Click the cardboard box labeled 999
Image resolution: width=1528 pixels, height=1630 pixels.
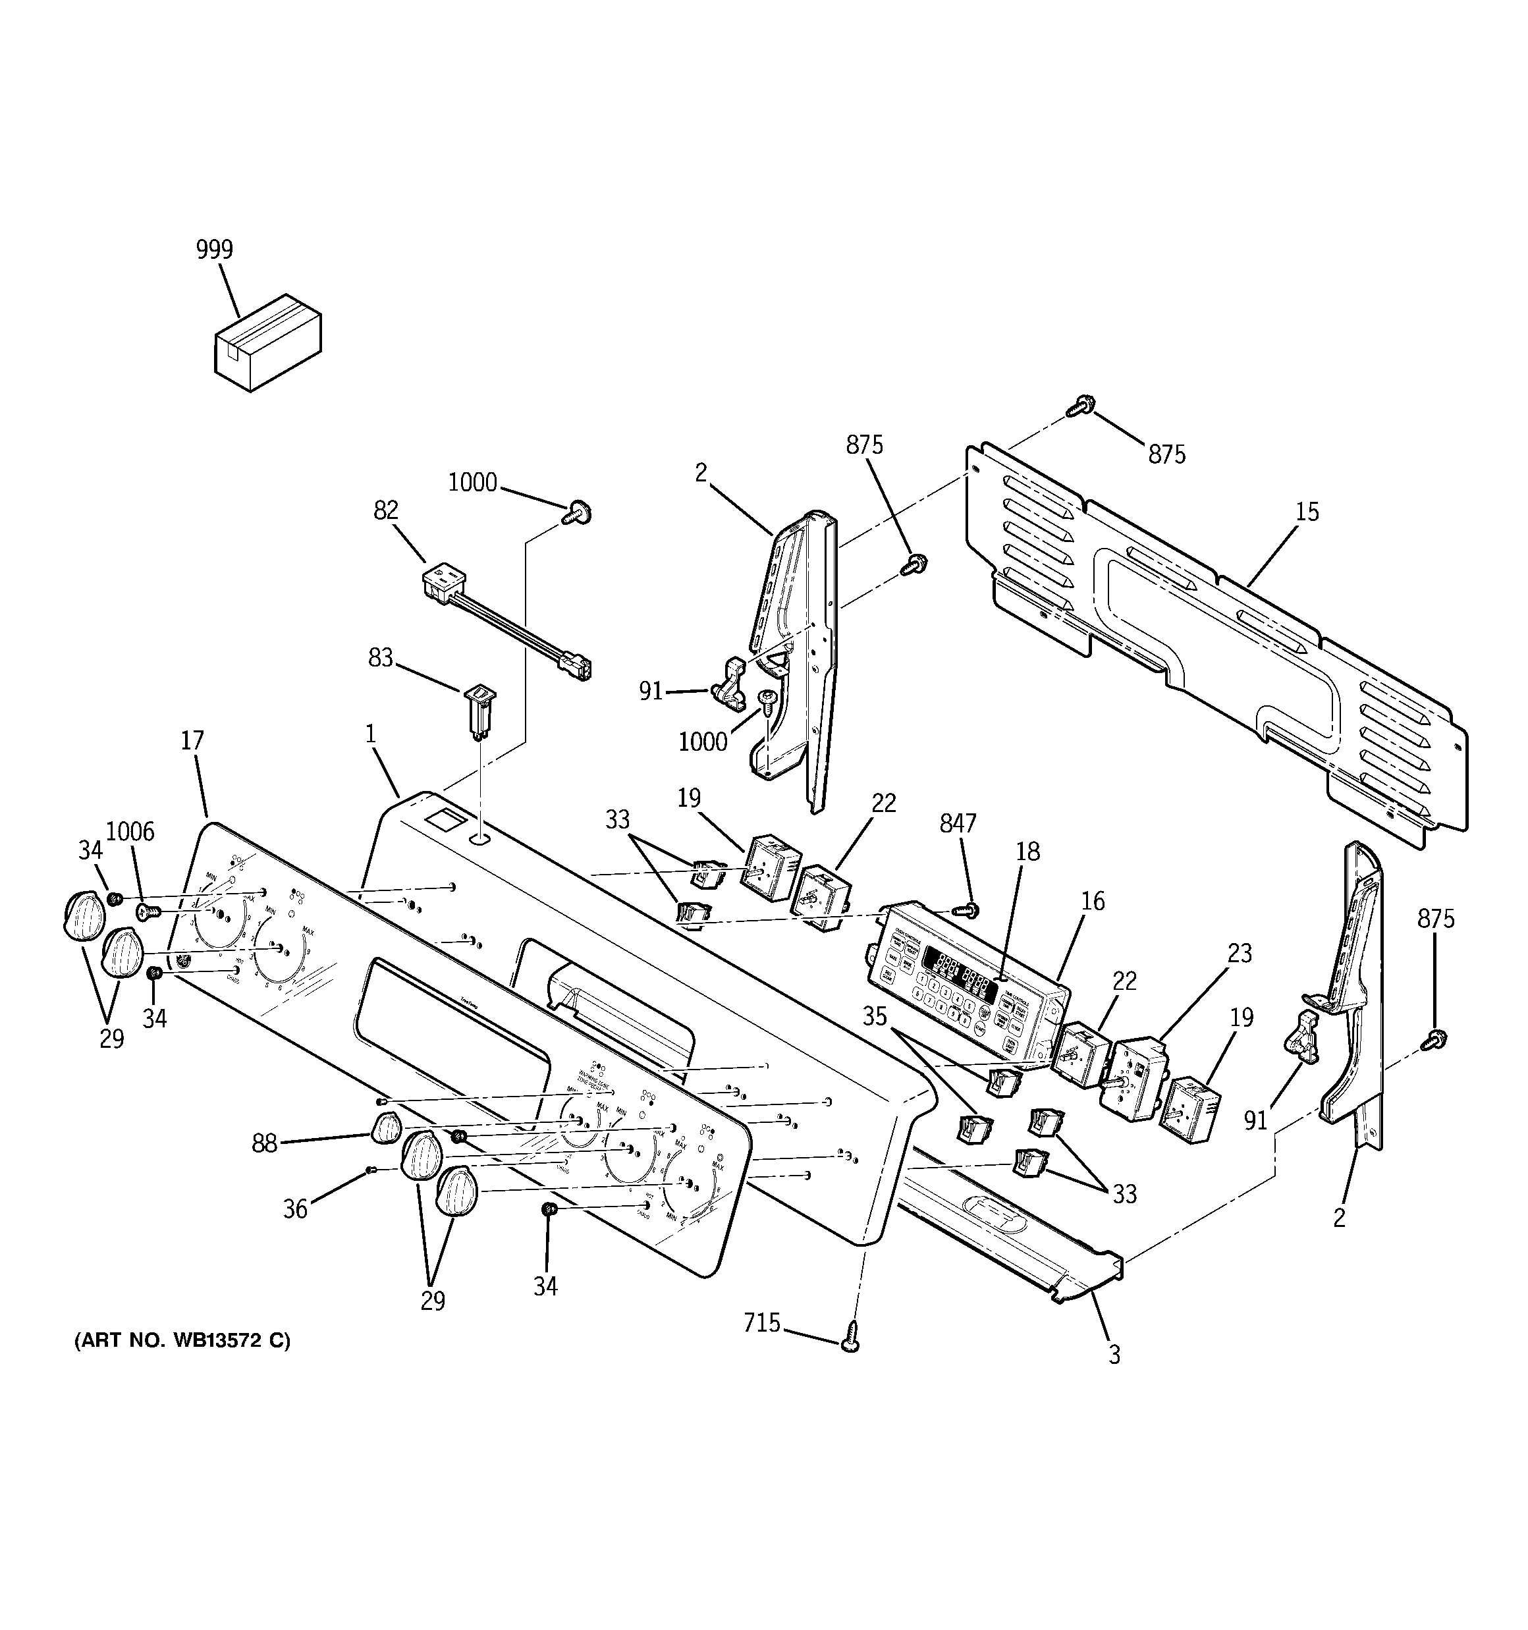(267, 342)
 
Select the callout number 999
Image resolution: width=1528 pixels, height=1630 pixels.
(214, 249)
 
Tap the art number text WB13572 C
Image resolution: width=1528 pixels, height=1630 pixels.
(182, 1342)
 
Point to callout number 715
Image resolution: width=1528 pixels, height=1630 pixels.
(762, 1323)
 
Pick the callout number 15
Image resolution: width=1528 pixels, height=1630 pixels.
(1307, 512)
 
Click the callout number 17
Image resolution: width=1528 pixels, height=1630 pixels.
(192, 741)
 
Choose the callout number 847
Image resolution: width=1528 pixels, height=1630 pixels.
(957, 823)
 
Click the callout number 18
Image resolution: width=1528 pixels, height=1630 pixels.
(1027, 852)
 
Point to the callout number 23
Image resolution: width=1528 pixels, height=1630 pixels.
(1240, 954)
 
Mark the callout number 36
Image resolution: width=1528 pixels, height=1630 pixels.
(295, 1209)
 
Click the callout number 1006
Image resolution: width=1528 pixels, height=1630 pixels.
(130, 832)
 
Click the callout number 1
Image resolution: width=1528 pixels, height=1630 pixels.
(371, 733)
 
